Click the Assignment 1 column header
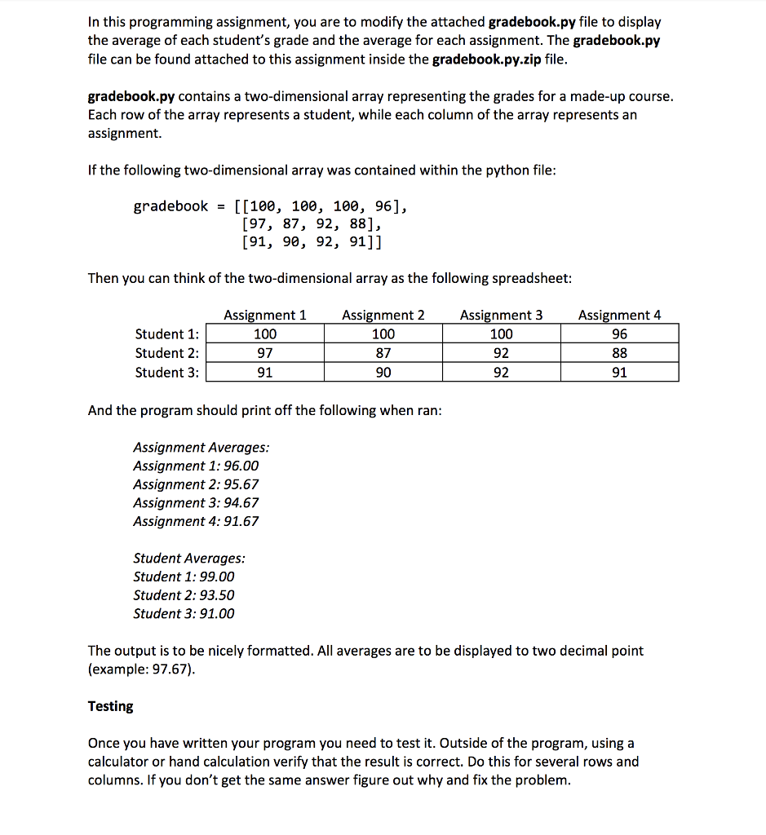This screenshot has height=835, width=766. pos(265,315)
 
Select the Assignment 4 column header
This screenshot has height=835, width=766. pos(619,315)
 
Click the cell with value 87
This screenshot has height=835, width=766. pos(383,353)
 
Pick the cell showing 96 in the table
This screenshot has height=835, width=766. pos(619,334)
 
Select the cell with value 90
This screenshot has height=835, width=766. pos(383,373)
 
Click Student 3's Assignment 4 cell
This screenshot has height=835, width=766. pos(619,373)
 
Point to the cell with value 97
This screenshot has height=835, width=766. pos(265,353)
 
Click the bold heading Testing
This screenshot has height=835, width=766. pos(110,706)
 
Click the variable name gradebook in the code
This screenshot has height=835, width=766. pos(170,205)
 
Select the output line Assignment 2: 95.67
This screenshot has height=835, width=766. pos(196,484)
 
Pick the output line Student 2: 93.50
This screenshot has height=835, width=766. pos(184,595)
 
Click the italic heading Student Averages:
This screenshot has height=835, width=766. pos(188,559)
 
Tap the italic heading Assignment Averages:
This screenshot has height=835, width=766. pos(201,448)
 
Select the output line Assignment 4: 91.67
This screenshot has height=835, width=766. pos(196,521)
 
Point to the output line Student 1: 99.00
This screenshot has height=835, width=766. pos(184,577)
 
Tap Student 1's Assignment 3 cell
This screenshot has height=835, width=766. pos(501,334)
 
